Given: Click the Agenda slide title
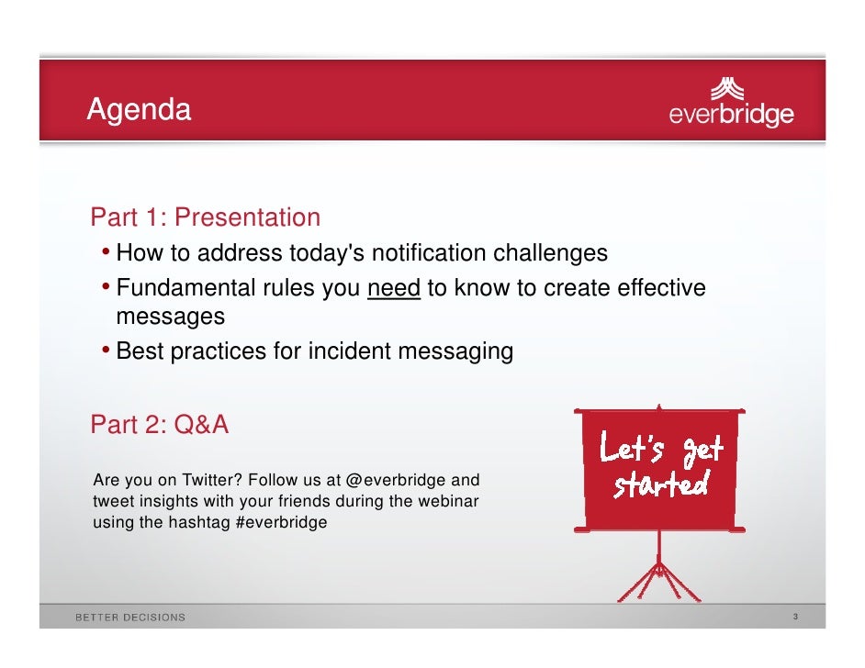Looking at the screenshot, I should tap(139, 111).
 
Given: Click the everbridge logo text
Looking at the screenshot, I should tap(731, 116).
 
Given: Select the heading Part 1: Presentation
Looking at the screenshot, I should tap(206, 217).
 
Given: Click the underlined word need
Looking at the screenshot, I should tap(394, 288).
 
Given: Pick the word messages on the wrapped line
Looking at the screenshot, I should tap(170, 317).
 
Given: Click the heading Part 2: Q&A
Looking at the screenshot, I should tap(160, 426).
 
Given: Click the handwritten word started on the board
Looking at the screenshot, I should tap(661, 484).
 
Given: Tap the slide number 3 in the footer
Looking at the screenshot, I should tap(795, 617).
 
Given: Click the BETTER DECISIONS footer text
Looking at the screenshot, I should tap(130, 618).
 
